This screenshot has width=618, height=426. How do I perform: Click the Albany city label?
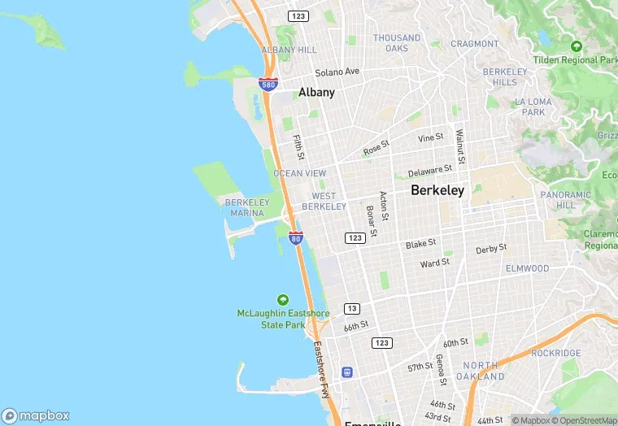coord(316,93)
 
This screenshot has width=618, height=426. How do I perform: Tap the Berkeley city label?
coord(437,190)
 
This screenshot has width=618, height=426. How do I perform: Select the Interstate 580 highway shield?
coord(268,84)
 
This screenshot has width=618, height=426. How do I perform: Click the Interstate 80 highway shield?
coord(296,237)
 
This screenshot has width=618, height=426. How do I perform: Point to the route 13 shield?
coord(352,308)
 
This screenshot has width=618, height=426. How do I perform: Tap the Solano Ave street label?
coord(337,72)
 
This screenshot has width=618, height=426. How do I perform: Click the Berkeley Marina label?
coord(246,207)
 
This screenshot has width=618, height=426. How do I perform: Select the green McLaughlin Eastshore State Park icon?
coord(283,299)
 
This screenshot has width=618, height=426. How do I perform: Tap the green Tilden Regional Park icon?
coord(577,47)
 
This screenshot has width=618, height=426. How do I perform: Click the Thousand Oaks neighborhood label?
coord(397,43)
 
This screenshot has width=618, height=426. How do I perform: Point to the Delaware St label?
coord(430,171)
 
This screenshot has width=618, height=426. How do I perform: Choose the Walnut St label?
coord(459,146)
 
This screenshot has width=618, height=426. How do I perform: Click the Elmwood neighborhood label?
coord(527,268)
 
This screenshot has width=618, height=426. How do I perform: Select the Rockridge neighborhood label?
coord(555,353)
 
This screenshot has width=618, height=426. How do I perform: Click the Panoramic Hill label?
coord(566,200)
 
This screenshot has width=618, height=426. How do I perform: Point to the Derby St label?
coord(491,249)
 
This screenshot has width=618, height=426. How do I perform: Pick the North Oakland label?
coord(480,371)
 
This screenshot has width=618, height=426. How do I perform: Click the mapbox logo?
coord(36,415)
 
